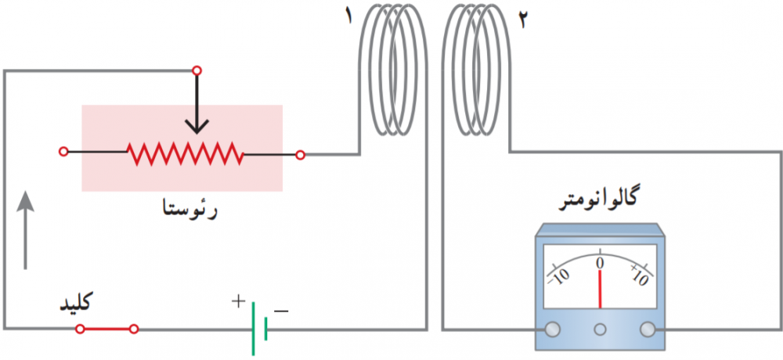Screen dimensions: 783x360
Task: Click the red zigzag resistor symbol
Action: click(186, 153)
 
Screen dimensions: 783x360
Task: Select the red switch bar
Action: click(106, 329)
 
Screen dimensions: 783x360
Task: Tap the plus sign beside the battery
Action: click(239, 301)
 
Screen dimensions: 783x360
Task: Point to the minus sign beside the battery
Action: click(281, 311)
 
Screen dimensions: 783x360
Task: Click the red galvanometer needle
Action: click(601, 290)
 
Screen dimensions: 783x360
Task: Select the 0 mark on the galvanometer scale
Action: click(601, 262)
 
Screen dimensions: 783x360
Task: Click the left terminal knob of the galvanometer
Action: click(552, 329)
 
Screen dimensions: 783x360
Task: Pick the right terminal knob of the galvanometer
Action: click(648, 329)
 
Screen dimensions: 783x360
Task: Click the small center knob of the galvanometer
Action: click(600, 329)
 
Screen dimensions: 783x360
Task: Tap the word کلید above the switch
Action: click(77, 303)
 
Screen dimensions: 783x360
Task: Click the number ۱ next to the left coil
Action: click(348, 15)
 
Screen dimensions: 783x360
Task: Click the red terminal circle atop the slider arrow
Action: click(197, 70)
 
